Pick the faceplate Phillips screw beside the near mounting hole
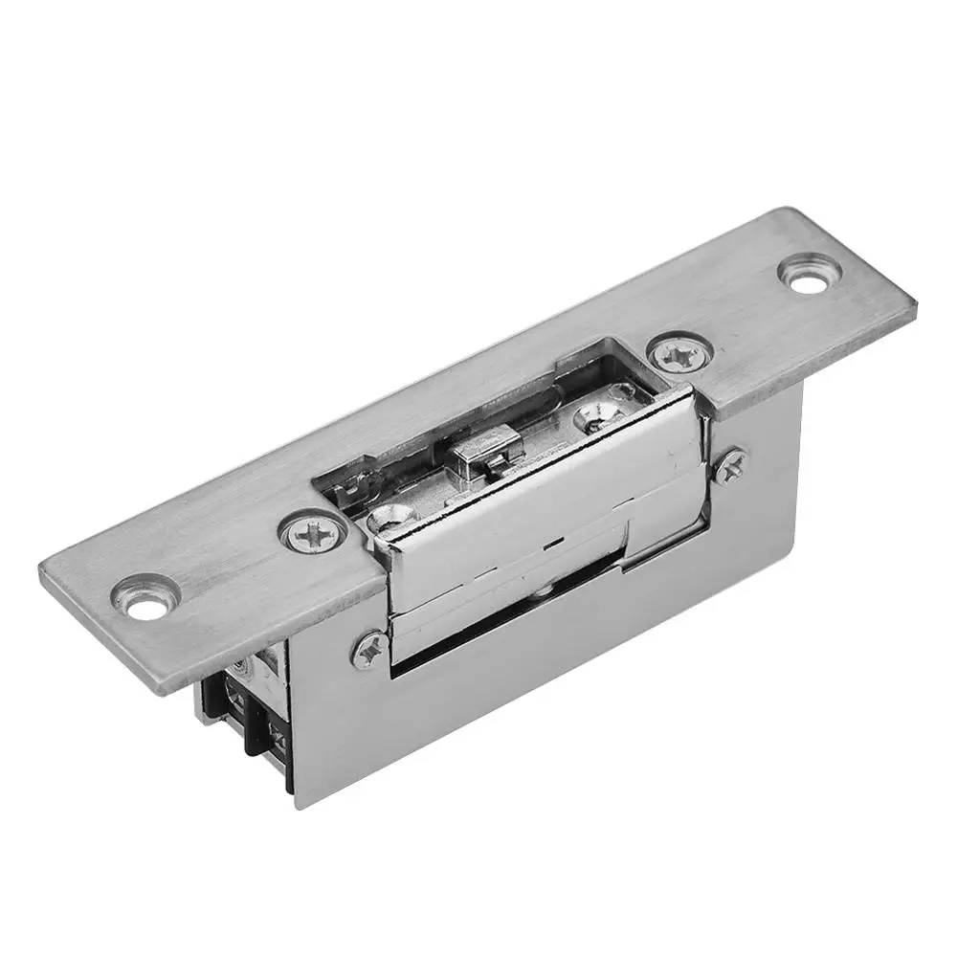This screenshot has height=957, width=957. point(313,532)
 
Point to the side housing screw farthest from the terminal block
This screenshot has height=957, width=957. point(731,464)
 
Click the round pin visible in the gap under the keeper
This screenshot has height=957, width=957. point(543,599)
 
